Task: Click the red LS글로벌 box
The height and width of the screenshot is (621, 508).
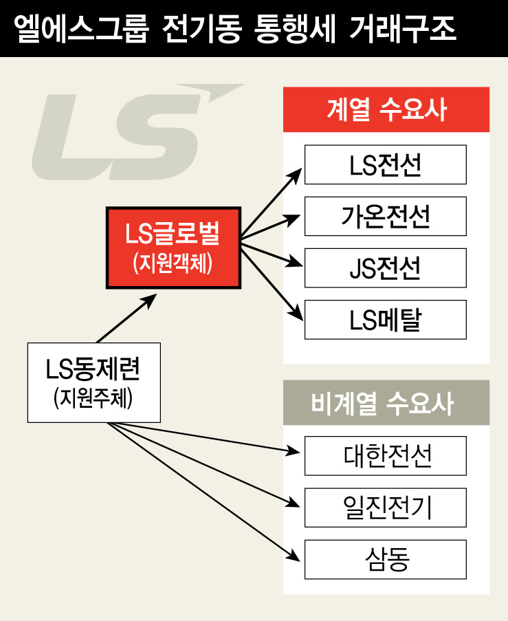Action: pyautogui.click(x=173, y=248)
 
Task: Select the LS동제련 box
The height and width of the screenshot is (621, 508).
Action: pyautogui.click(x=93, y=382)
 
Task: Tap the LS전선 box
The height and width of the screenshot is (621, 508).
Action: pyautogui.click(x=386, y=164)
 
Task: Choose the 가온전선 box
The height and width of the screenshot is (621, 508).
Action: pyautogui.click(x=386, y=216)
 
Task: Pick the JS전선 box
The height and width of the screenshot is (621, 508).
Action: pyautogui.click(x=386, y=268)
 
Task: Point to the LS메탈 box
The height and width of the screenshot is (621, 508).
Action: pyautogui.click(x=386, y=319)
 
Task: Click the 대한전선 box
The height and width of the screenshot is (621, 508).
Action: pyautogui.click(x=386, y=455)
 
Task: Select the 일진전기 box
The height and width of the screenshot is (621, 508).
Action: pyautogui.click(x=386, y=507)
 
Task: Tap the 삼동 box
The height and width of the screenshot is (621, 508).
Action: pyautogui.click(x=386, y=558)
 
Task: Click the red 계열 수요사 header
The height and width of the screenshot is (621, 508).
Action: pyautogui.click(x=386, y=109)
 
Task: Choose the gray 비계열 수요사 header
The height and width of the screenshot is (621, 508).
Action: pyautogui.click(x=386, y=402)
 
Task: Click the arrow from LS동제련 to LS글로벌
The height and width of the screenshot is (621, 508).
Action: pyautogui.click(x=126, y=318)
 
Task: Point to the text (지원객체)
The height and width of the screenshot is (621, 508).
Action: pyautogui.click(x=173, y=263)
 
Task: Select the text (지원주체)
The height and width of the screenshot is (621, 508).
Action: pyautogui.click(x=93, y=399)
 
